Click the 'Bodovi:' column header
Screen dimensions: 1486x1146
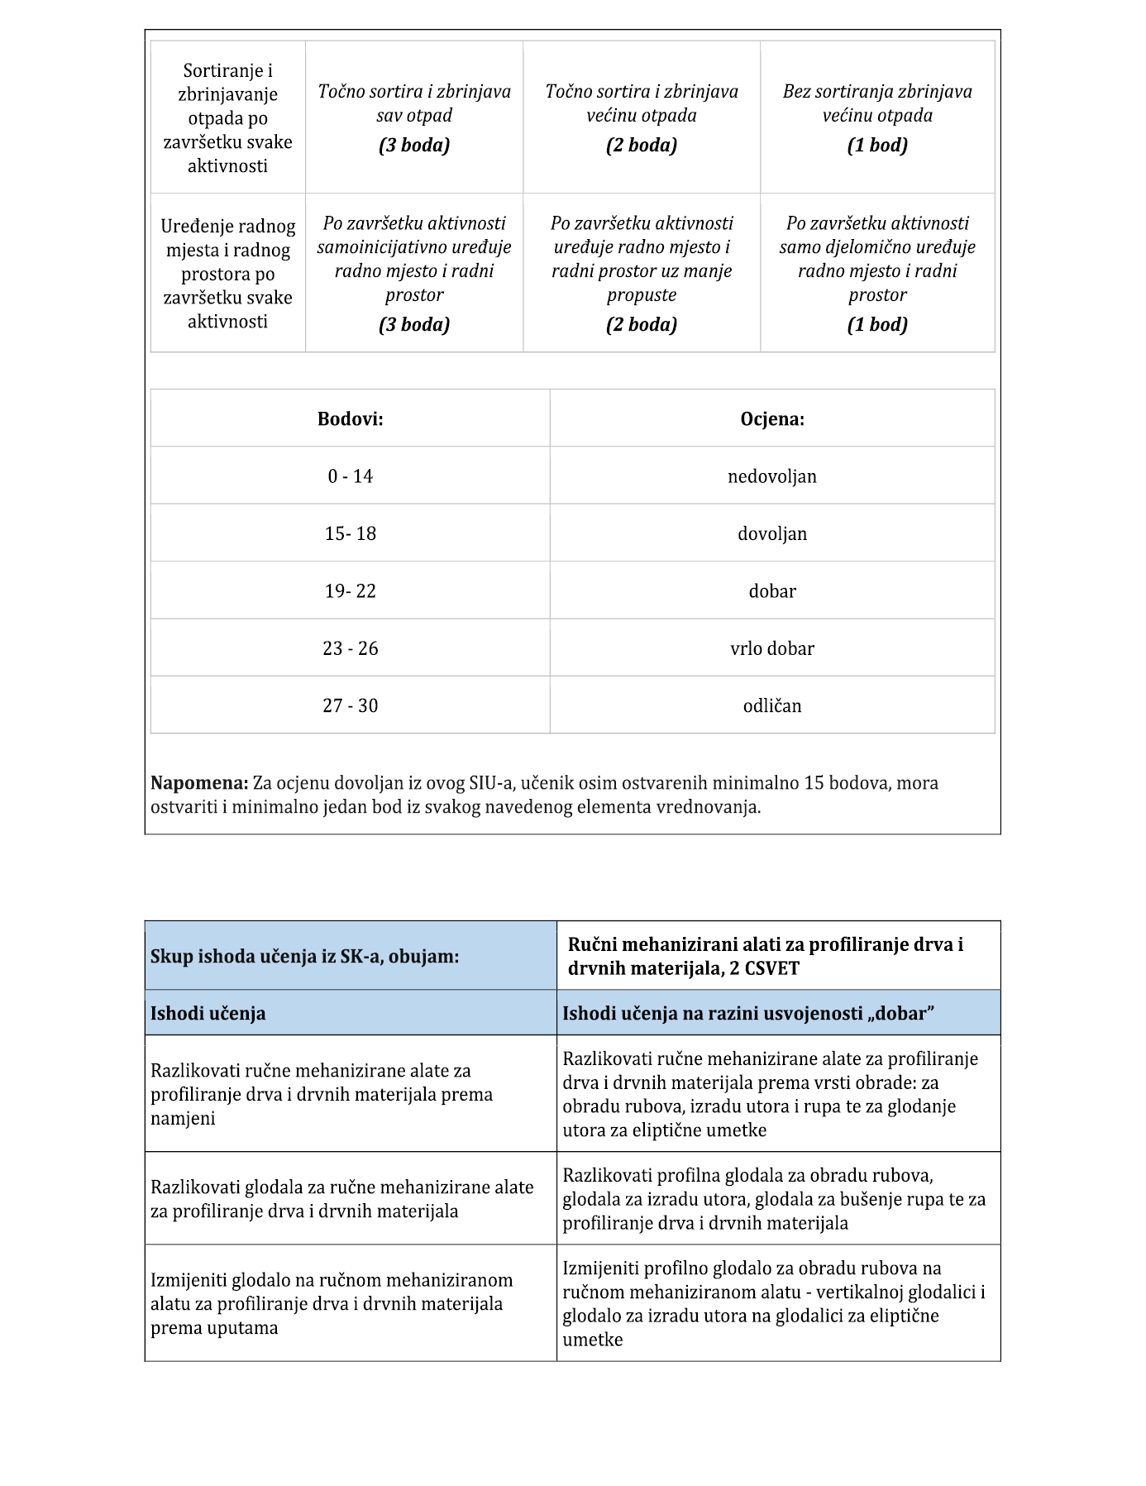click(x=350, y=419)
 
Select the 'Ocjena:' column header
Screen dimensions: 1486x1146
click(x=771, y=419)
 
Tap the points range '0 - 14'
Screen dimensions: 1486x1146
click(x=350, y=476)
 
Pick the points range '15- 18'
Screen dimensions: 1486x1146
click(x=350, y=533)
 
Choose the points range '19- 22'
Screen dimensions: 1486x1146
click(x=350, y=591)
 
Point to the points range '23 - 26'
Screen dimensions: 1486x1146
click(x=350, y=648)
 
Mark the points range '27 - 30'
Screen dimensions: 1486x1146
click(x=350, y=705)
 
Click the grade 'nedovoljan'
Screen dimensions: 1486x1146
click(x=771, y=476)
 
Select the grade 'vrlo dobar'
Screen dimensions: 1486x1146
click(x=771, y=648)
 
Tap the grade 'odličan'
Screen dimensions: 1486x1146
click(x=771, y=705)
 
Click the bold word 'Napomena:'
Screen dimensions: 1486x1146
click(x=199, y=782)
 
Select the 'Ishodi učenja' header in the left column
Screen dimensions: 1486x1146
click(x=208, y=1013)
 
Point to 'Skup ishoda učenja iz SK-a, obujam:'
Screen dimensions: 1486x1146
click(x=304, y=956)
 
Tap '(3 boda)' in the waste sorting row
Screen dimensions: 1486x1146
click(x=414, y=146)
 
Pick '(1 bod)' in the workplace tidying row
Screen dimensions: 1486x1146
click(x=877, y=324)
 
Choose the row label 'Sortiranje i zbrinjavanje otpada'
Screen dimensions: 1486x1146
click(x=227, y=117)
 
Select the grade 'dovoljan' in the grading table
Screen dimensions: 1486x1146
click(x=771, y=533)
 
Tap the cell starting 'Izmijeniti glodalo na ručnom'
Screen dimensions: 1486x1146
click(x=332, y=1303)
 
